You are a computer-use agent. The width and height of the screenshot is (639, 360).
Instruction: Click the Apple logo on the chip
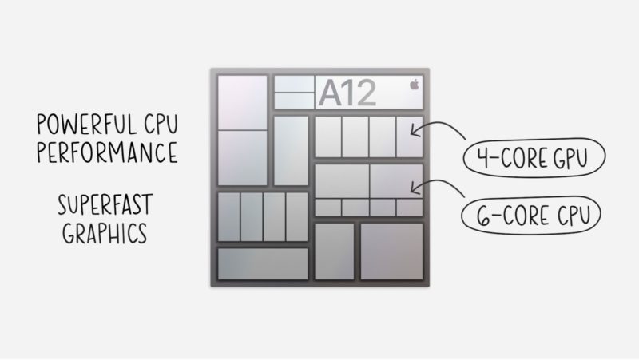[x=414, y=85]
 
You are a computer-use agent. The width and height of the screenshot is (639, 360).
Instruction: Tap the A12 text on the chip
[x=347, y=93]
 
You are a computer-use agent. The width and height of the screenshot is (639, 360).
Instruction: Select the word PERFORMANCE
[x=107, y=152]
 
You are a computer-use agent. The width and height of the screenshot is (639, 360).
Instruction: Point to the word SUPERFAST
[x=105, y=205]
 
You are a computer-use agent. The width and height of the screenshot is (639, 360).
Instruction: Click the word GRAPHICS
[x=105, y=233]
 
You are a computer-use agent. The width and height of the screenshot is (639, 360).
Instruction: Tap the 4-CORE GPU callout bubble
[x=534, y=157]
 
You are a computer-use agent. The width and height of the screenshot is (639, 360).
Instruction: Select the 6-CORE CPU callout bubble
[x=531, y=216]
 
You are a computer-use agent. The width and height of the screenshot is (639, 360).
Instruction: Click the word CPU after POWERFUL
[x=161, y=125]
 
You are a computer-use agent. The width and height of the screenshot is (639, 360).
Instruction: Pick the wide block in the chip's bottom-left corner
[x=263, y=264]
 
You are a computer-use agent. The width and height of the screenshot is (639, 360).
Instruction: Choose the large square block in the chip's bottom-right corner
[x=391, y=251]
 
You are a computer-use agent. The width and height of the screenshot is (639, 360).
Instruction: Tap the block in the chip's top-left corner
[x=243, y=102]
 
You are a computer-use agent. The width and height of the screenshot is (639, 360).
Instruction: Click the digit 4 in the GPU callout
[x=484, y=157]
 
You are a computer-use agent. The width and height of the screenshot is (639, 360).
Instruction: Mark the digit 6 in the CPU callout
[x=483, y=216]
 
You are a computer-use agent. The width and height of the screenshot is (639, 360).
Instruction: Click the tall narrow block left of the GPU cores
[x=291, y=151]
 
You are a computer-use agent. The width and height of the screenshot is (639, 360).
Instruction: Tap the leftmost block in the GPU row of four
[x=328, y=136]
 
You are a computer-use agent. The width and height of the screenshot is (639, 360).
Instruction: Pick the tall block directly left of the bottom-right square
[x=334, y=251]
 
